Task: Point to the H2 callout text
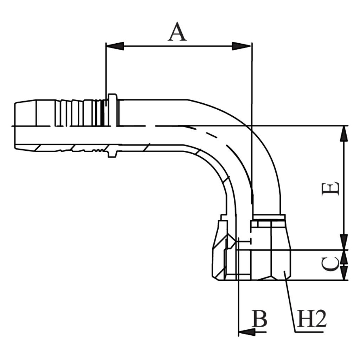click(312, 319)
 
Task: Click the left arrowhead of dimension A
click(115, 46)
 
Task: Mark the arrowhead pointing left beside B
click(247, 332)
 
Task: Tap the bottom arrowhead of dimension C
click(344, 272)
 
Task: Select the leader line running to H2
click(290, 302)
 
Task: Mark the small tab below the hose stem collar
click(112, 154)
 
